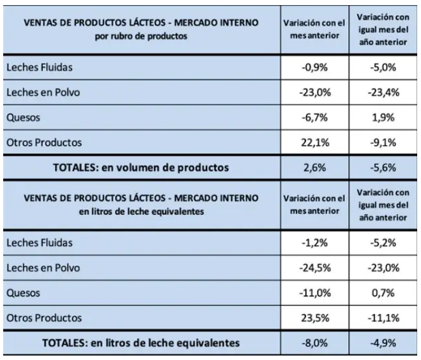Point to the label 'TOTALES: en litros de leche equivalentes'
[x=141, y=343]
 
